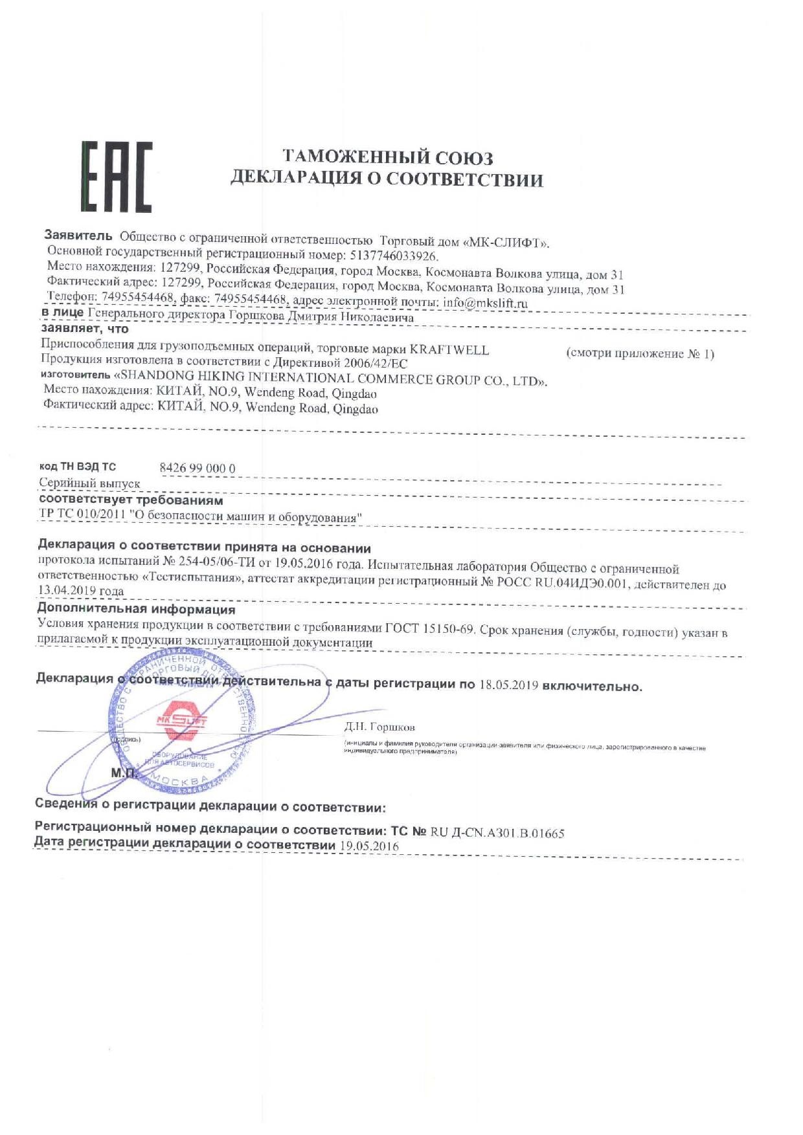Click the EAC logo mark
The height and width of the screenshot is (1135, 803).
click(x=117, y=177)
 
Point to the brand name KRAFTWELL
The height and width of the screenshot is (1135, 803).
click(x=449, y=350)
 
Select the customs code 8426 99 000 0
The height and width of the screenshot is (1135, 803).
click(x=197, y=468)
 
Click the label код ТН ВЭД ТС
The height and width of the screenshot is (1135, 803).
click(x=78, y=467)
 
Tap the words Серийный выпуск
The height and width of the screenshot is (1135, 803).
click(x=89, y=483)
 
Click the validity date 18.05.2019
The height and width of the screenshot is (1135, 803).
click(x=509, y=685)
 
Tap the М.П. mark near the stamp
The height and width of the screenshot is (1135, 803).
click(x=123, y=773)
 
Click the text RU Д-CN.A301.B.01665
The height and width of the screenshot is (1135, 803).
click(x=497, y=833)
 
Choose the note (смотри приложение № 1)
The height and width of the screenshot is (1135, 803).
click(x=640, y=354)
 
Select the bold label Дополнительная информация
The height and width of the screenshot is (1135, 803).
click(x=136, y=609)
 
